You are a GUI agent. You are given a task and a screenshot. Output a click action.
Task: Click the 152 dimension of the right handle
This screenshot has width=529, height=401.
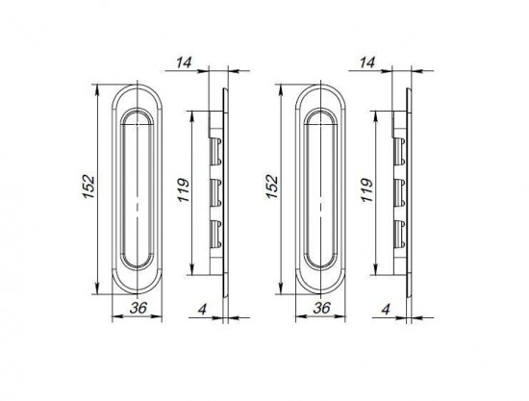pos(274,183)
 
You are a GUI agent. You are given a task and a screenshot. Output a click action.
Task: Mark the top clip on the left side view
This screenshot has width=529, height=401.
pos(217,145)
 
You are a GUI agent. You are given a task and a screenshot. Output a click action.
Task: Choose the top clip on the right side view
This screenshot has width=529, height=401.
pos(401,145)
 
